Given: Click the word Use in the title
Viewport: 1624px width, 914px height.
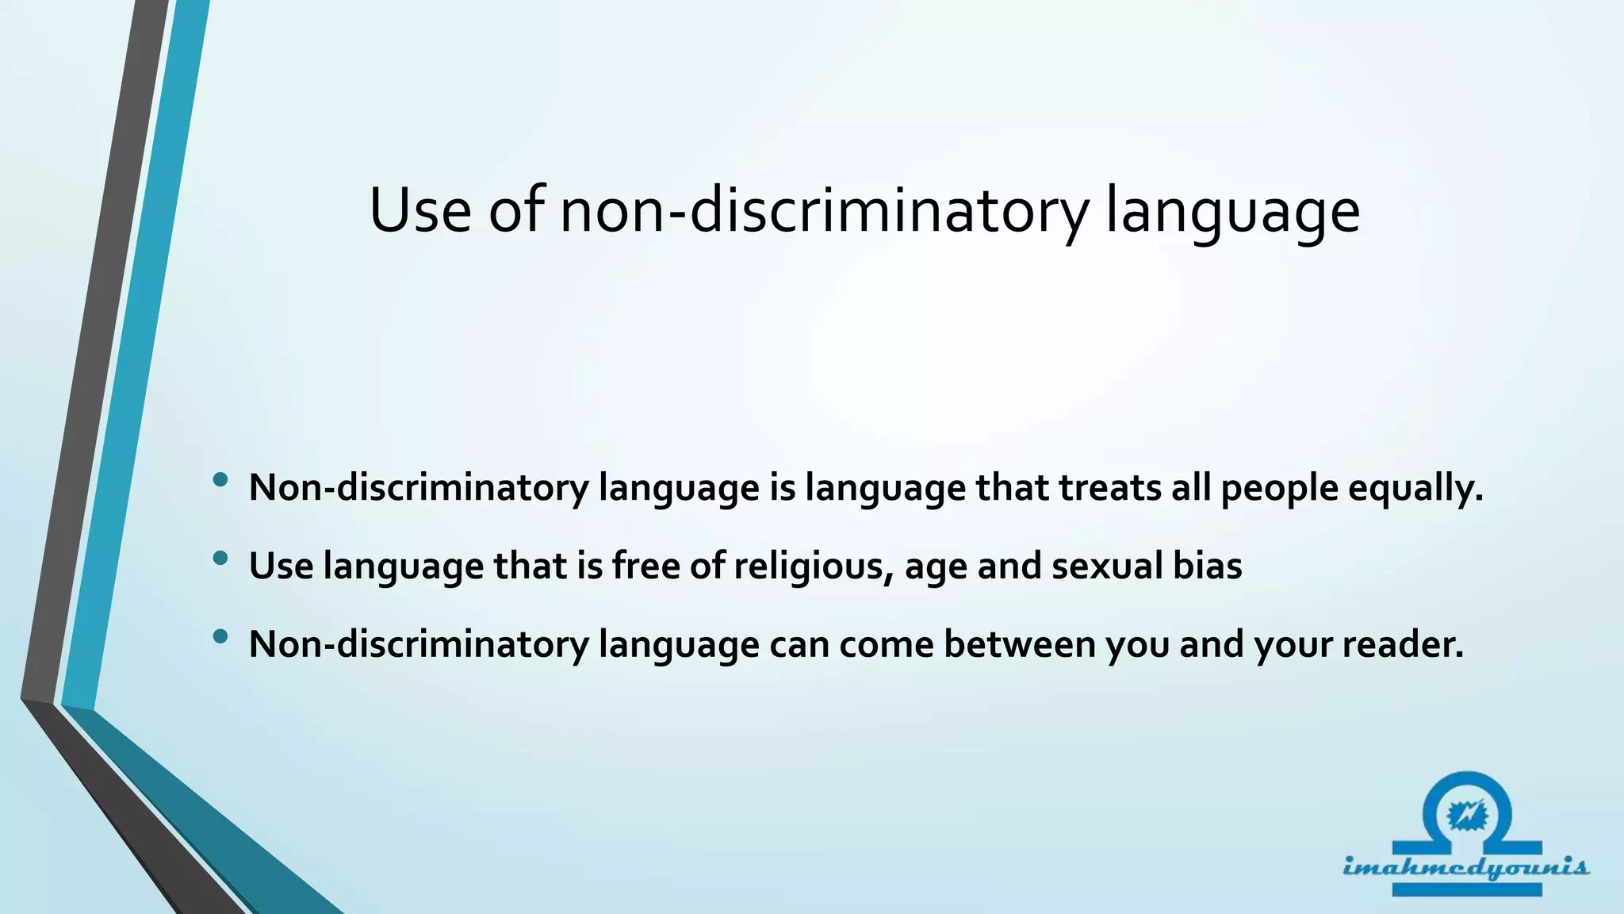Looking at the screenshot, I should [419, 211].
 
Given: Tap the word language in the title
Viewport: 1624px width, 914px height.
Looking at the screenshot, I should [1232, 213].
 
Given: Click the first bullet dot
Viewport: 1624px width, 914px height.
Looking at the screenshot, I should [220, 480].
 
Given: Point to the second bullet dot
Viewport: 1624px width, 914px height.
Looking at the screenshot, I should [220, 559].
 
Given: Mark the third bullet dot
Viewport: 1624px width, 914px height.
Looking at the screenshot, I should [220, 636].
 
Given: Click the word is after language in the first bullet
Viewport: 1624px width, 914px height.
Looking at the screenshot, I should [782, 487].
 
